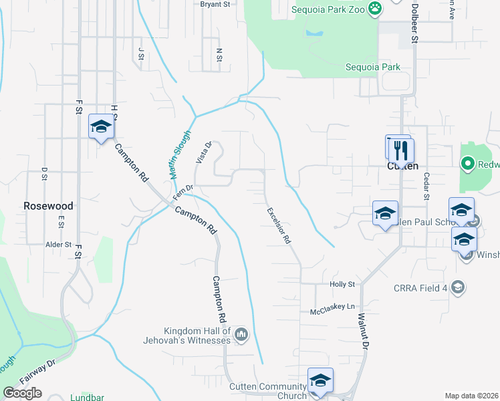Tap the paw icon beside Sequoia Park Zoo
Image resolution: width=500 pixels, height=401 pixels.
375,9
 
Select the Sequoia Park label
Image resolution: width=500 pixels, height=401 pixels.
372,67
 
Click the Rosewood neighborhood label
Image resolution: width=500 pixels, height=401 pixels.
48,206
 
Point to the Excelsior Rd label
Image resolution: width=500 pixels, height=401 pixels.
279,225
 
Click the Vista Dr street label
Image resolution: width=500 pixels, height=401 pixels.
203,152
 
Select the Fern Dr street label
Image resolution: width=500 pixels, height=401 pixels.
182,192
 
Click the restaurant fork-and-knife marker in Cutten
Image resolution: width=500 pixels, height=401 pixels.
401,149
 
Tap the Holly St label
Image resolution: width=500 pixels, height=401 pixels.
342,284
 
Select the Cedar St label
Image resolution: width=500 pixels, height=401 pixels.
425,186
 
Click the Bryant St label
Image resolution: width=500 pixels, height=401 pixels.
215,4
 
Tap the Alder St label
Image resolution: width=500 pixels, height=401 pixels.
58,245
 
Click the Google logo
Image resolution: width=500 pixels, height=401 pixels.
22,393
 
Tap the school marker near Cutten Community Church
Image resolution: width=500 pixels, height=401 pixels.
320,380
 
